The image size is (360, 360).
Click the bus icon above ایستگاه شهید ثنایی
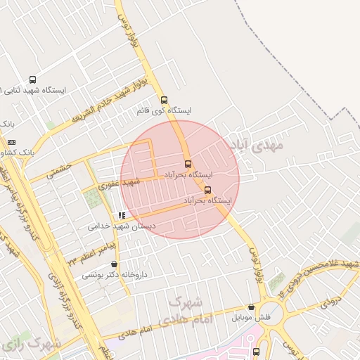32,80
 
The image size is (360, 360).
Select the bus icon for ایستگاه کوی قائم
165,100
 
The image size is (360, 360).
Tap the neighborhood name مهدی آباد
255,145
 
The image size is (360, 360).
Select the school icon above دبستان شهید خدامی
122,216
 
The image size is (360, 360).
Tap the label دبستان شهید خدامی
122,226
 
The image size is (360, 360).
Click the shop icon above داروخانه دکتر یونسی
114,264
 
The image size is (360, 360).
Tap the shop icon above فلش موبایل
252,307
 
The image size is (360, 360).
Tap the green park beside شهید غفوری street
93,198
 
